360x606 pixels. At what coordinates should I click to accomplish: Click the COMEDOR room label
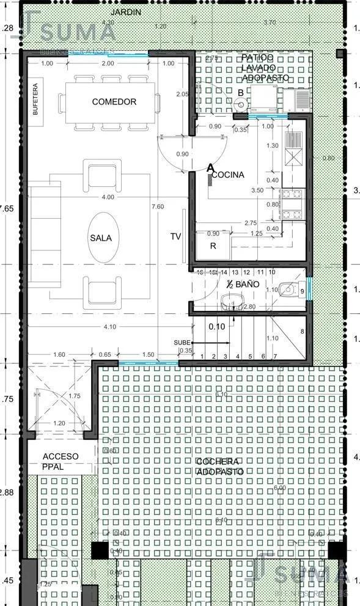point(114,101)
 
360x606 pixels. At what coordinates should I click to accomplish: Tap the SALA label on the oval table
point(101,238)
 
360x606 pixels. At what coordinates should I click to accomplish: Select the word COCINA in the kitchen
point(228,175)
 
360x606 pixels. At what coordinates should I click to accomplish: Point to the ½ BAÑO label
point(243,285)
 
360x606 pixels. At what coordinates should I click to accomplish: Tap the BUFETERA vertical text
point(35,99)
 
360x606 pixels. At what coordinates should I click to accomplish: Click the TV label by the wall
point(175,237)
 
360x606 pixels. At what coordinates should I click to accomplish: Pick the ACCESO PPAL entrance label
point(61,461)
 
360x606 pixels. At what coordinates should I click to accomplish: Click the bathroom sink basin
point(231,300)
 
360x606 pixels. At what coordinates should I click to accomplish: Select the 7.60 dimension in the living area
point(157,206)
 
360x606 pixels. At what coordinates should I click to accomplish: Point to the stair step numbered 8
point(302,332)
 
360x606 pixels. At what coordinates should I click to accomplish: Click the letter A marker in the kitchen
point(211,167)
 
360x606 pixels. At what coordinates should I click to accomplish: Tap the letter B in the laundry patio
point(241,93)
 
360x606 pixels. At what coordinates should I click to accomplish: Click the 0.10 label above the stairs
point(216,327)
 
